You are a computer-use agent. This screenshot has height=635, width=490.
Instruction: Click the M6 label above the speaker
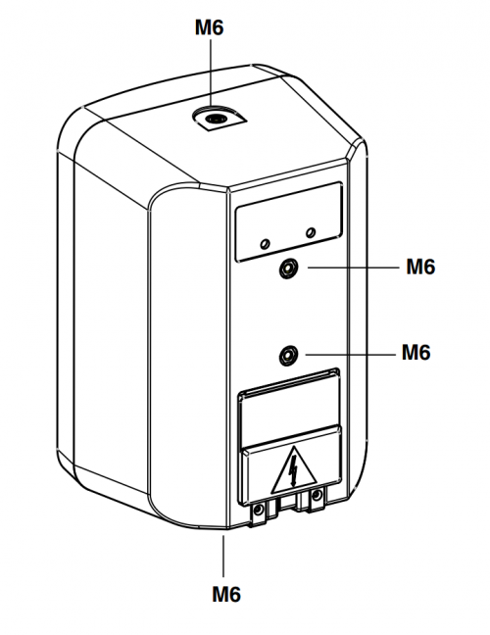(x=209, y=28)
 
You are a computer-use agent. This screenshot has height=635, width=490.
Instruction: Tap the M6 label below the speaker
(x=226, y=595)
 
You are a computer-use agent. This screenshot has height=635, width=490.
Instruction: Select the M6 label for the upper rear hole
(x=420, y=267)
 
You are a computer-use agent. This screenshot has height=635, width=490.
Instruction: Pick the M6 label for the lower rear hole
(x=416, y=353)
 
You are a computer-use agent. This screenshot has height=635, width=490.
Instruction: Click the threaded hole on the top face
(x=215, y=119)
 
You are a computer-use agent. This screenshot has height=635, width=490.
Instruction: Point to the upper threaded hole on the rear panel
(x=289, y=269)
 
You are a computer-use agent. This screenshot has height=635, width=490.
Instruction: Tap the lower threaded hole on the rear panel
(x=289, y=356)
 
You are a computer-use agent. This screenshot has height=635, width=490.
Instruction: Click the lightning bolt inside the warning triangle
(x=293, y=470)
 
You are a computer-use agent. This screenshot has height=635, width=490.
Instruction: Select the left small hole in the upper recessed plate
(x=265, y=244)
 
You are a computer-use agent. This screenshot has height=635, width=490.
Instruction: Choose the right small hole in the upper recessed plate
(x=311, y=232)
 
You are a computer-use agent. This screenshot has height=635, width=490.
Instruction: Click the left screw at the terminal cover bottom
(x=258, y=511)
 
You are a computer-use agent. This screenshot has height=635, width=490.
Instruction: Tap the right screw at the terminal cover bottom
(x=318, y=495)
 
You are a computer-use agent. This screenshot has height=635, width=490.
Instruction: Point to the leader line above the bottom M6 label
(x=223, y=556)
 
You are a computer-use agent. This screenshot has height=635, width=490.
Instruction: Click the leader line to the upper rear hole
(x=353, y=268)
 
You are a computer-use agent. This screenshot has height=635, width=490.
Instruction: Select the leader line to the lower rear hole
(x=350, y=355)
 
